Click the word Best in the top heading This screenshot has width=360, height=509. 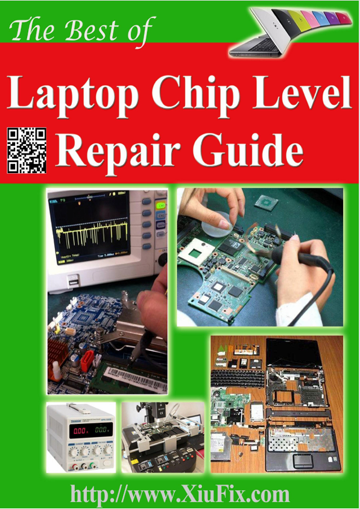pos(91,31)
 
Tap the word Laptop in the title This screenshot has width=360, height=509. pos(73,93)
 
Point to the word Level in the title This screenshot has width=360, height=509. pos(302,92)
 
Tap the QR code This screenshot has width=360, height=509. pos(27,150)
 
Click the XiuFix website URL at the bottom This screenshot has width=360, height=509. pos(180,494)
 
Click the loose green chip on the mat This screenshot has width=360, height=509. pos(266,203)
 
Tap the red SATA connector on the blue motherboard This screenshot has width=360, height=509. pos(87,361)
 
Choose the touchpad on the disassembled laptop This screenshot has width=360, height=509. pos(302,460)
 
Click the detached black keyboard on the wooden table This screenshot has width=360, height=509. pos(238,379)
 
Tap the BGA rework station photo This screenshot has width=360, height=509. pos(163,437)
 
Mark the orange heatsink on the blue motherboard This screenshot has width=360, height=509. pos(57,355)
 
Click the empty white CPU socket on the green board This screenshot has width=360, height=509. pos(196,253)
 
